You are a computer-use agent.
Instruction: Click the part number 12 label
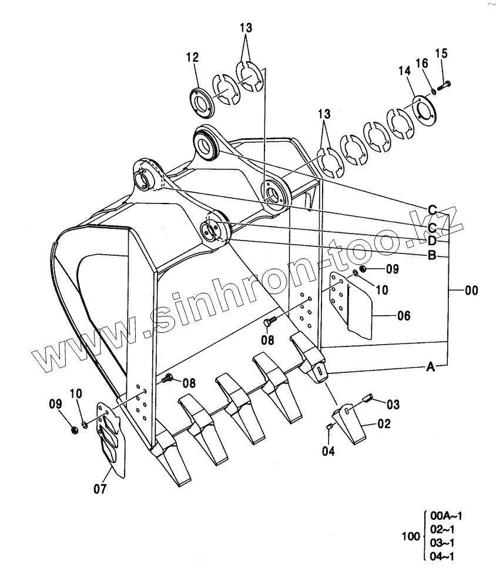coord(192,58)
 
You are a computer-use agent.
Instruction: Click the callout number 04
coord(328,451)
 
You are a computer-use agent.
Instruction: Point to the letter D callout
coord(431,241)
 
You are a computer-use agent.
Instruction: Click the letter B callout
coord(431,255)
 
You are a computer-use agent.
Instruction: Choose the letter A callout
coord(430,367)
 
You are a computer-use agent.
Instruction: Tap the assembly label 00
coord(471,291)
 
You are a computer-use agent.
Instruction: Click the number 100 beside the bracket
coord(410,536)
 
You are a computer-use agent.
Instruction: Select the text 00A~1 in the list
coord(446,516)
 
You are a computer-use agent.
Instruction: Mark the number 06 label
coord(403,316)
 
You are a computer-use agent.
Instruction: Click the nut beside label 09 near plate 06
coord(363,269)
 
